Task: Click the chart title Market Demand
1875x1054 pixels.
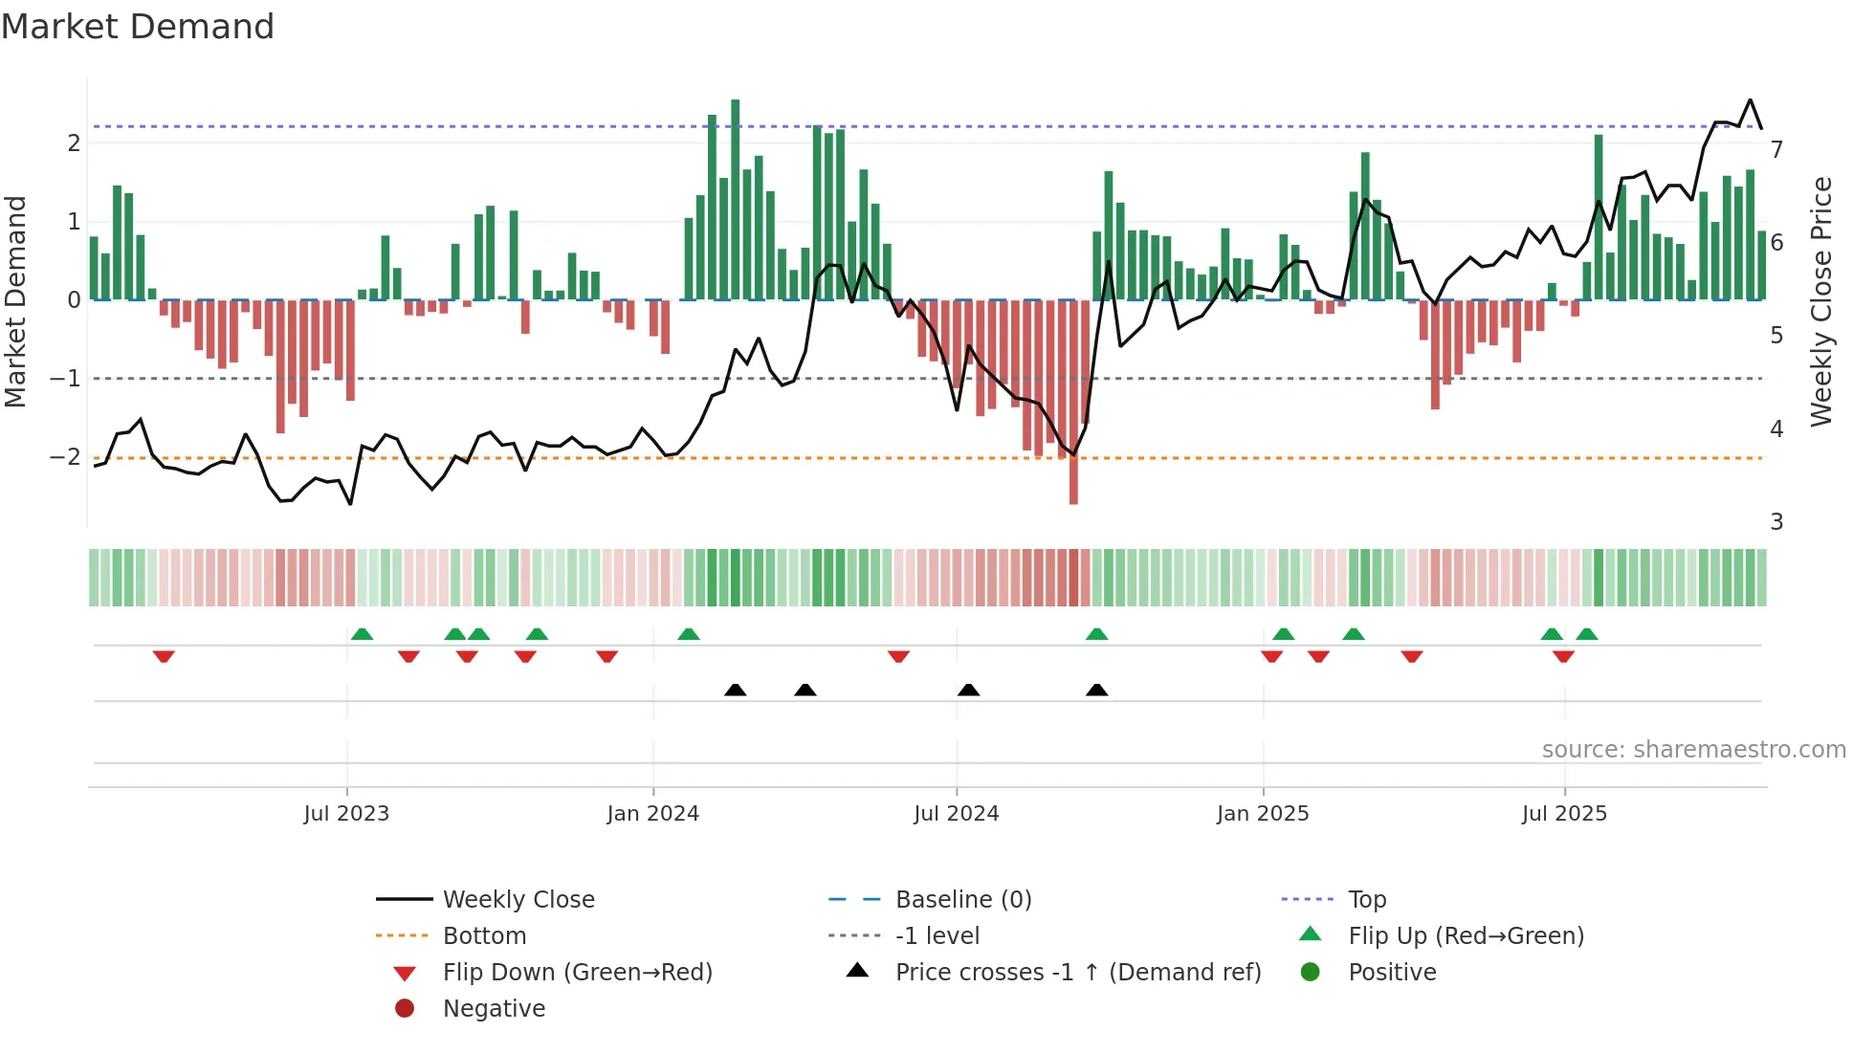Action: click(x=138, y=27)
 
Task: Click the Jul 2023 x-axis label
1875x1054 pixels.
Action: click(x=346, y=814)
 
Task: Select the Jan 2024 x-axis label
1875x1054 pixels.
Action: click(x=653, y=814)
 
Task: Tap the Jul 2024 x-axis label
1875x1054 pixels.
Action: click(x=956, y=814)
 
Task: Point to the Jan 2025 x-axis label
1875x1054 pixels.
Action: click(x=1263, y=814)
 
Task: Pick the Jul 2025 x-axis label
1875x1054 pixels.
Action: click(x=1564, y=814)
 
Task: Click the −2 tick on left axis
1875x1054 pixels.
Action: click(x=65, y=457)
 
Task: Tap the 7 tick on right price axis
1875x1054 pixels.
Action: click(x=1776, y=150)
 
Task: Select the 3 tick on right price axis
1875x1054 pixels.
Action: click(x=1776, y=522)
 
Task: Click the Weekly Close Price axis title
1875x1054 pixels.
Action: click(x=1821, y=301)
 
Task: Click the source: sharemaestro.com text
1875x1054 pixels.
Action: click(x=1693, y=750)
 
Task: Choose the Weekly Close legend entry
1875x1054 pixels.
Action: click(x=518, y=900)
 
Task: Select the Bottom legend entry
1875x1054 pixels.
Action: click(x=484, y=936)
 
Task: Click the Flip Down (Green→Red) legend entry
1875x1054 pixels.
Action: click(x=577, y=973)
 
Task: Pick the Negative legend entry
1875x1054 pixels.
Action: click(x=494, y=1009)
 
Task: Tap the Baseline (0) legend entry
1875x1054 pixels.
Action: click(x=963, y=900)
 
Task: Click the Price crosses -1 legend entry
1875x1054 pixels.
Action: click(x=1078, y=973)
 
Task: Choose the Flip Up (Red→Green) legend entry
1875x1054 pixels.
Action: click(x=1466, y=936)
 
